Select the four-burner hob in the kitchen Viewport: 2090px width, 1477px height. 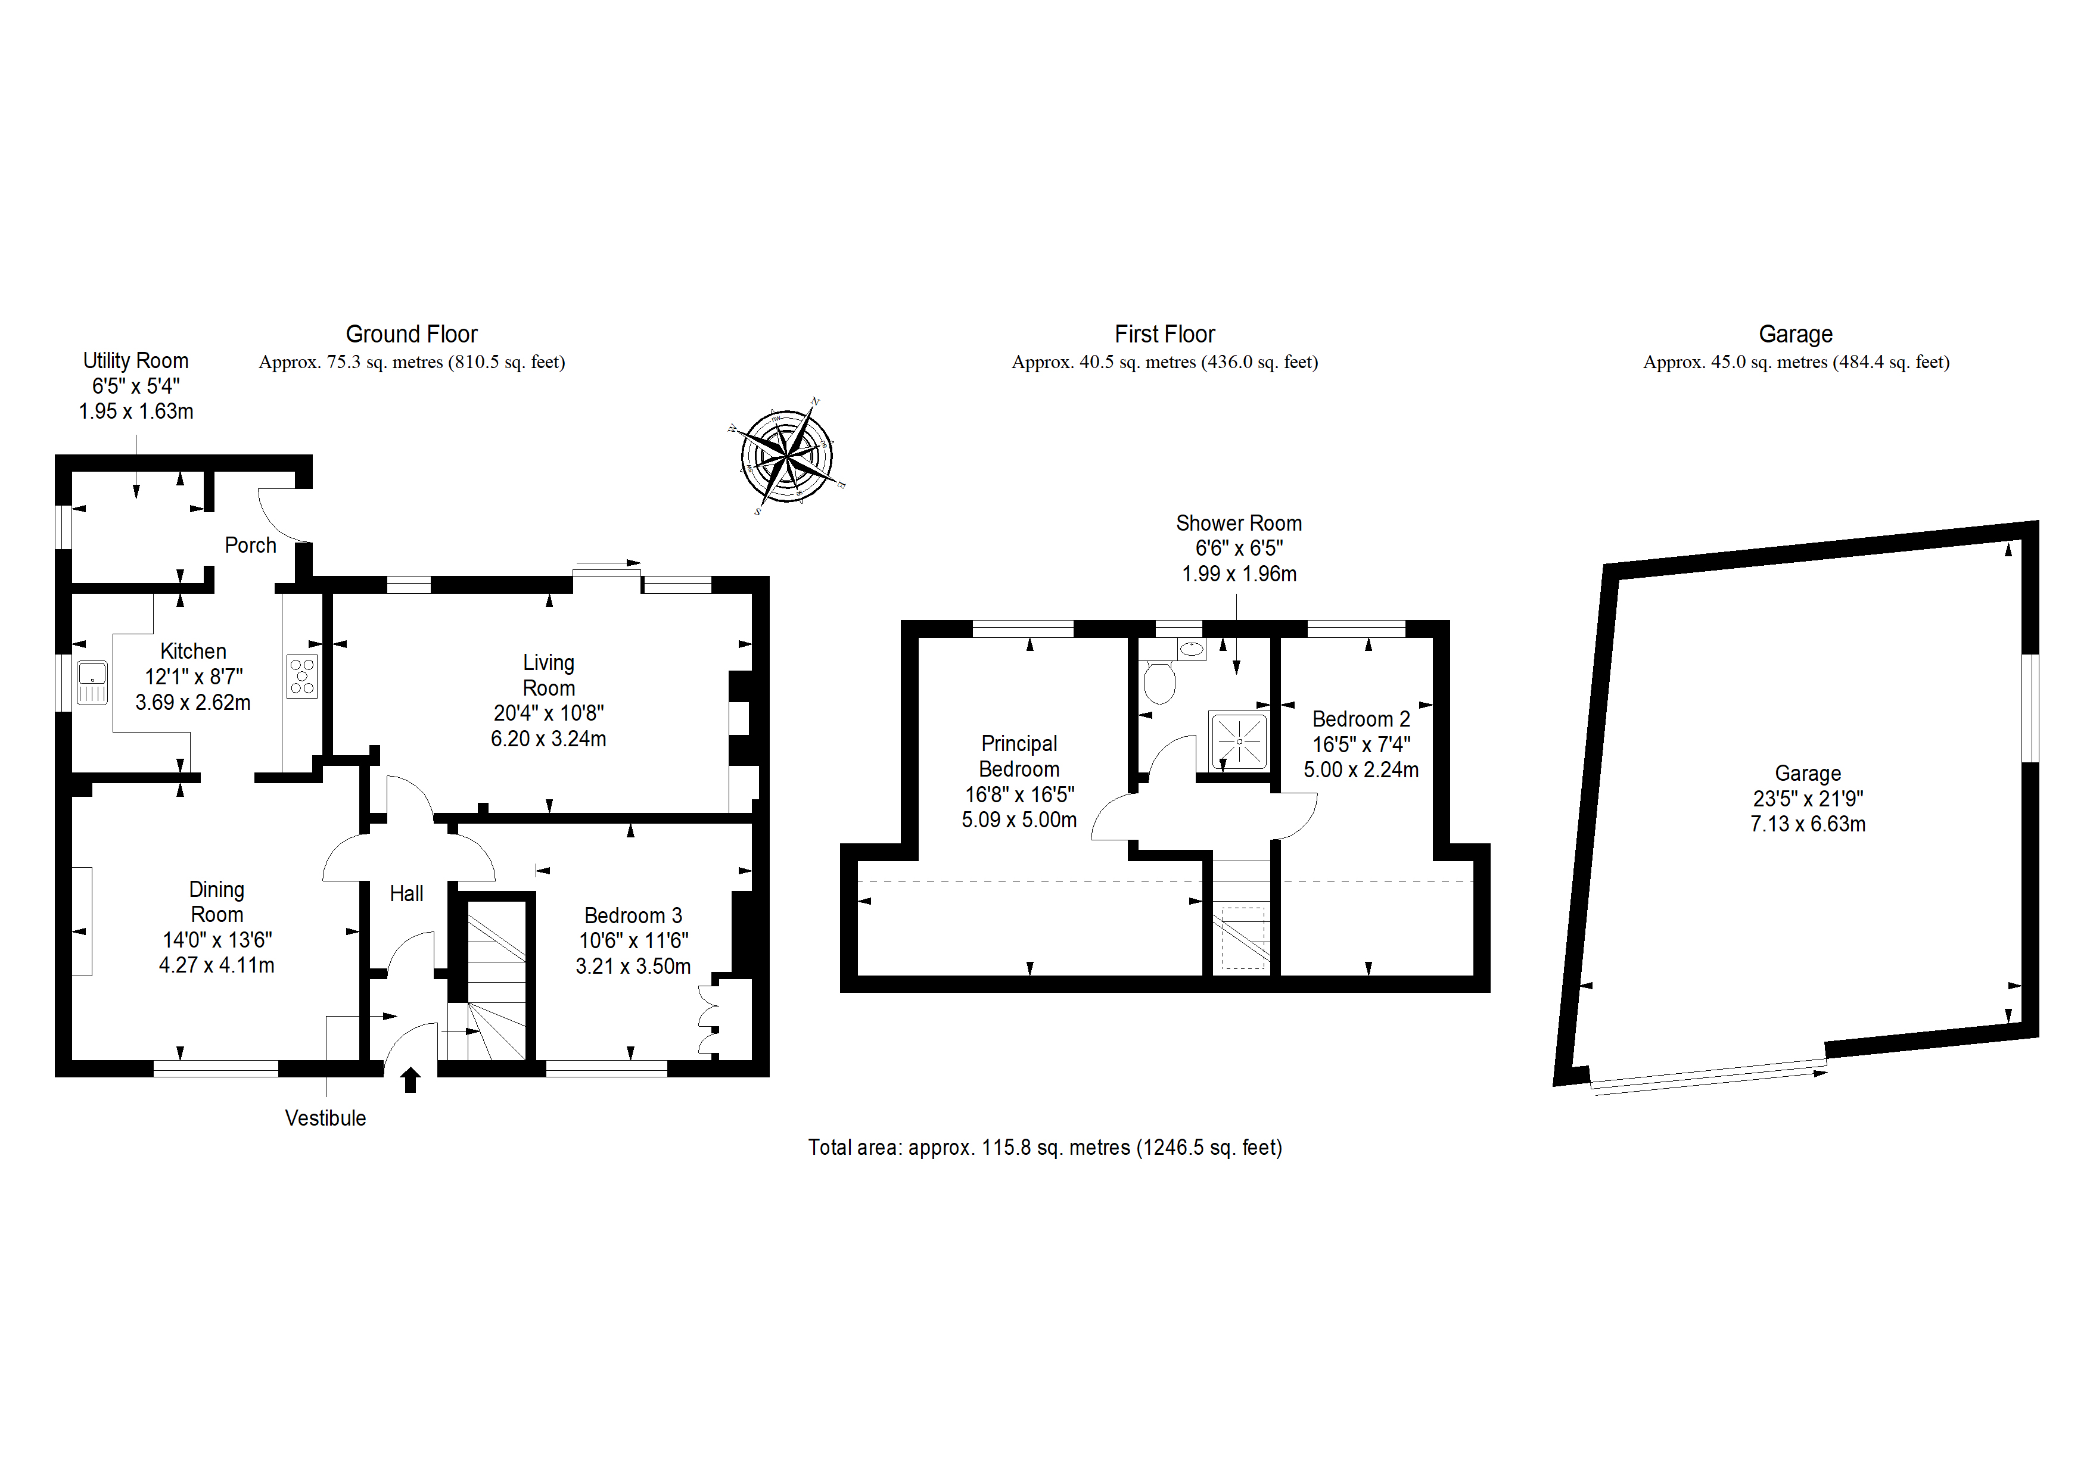(x=302, y=676)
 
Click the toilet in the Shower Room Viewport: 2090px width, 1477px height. (x=1160, y=683)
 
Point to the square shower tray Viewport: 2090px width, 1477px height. (x=1238, y=741)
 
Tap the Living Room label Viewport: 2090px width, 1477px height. (x=549, y=675)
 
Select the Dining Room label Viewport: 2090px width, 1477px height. (x=217, y=902)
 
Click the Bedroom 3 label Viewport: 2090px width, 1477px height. (x=633, y=915)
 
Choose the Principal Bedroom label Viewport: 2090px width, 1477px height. (x=1019, y=756)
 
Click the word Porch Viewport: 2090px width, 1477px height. (x=250, y=545)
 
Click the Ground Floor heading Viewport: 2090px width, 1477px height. (x=412, y=334)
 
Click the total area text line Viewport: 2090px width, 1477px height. (x=1045, y=1148)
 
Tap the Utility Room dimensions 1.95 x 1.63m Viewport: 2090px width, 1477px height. (x=136, y=412)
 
